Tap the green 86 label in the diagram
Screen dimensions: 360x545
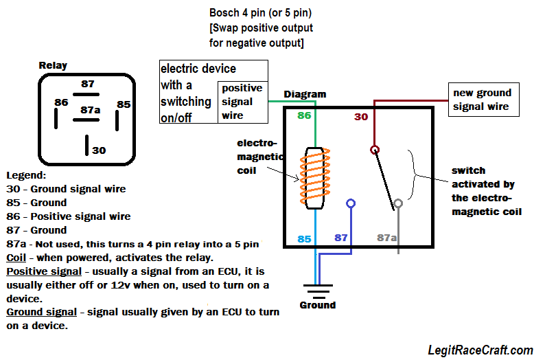coord(304,115)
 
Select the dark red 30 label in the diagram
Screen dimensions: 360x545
coord(361,117)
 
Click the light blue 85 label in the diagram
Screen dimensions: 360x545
coord(305,238)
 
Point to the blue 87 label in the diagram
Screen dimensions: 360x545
coord(341,238)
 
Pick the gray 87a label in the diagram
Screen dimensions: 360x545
coord(387,238)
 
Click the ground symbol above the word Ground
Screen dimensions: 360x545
coord(317,288)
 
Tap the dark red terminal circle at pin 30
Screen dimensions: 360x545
coord(375,149)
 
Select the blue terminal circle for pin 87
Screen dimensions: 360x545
coord(351,204)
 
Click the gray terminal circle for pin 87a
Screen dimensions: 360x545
coord(397,203)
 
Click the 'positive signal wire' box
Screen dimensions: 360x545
coord(242,102)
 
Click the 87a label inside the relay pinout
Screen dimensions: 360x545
coord(90,109)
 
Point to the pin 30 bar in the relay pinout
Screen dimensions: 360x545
coord(86,145)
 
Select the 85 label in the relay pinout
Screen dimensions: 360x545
coord(123,104)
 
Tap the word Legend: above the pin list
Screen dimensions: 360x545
coord(26,175)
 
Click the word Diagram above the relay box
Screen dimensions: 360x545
coord(305,94)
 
